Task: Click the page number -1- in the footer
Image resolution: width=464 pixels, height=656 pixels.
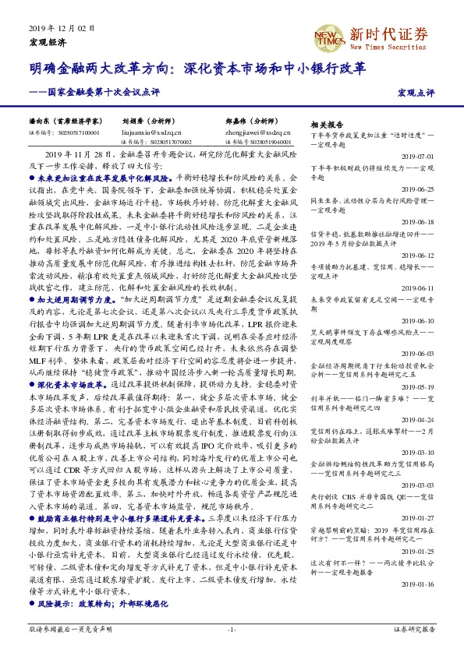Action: (232, 629)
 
